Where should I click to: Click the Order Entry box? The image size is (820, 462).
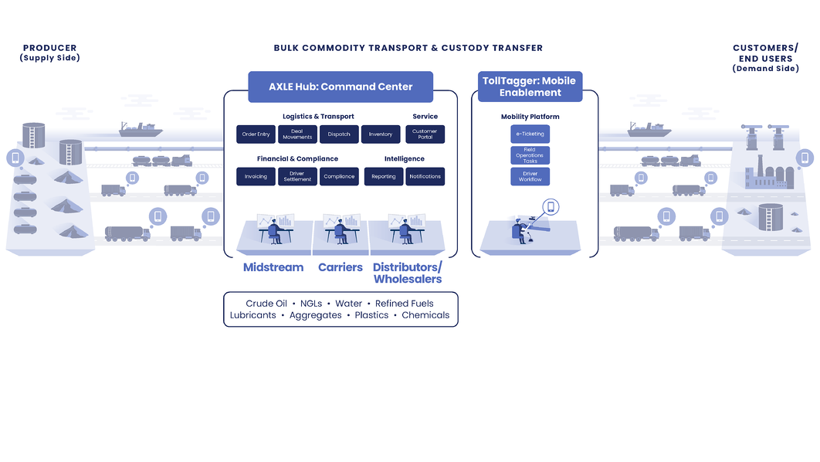(256, 134)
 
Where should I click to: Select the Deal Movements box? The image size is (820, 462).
(297, 134)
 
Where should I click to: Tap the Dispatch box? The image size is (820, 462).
(339, 134)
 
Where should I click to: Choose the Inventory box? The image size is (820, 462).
(381, 134)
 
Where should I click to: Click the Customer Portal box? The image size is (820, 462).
(425, 134)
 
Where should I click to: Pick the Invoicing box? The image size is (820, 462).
(256, 176)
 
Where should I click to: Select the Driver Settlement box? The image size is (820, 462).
(297, 176)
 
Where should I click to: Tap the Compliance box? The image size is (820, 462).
(339, 176)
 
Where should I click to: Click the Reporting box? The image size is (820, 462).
(384, 176)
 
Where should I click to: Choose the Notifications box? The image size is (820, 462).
(425, 176)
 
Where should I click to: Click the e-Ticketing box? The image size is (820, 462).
(530, 134)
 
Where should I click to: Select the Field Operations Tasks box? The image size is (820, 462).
(530, 155)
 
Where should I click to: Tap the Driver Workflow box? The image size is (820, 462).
(530, 177)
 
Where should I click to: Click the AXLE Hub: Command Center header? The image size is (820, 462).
(341, 87)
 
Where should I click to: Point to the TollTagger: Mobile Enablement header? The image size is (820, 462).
(530, 87)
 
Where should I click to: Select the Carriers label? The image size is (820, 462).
(341, 267)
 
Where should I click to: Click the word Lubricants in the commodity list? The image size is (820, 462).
(252, 315)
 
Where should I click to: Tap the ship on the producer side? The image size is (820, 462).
(139, 128)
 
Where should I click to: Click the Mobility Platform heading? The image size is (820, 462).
(530, 117)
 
